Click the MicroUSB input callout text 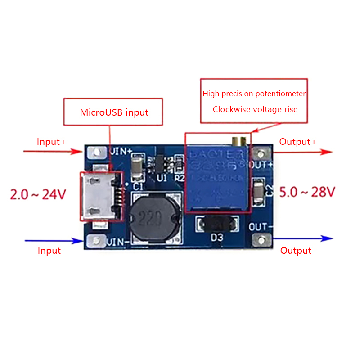[x=114, y=112]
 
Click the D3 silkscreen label [x=217, y=238]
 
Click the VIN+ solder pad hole [x=96, y=153]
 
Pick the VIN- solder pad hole [x=96, y=242]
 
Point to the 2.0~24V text [x=38, y=194]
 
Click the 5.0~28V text [x=308, y=192]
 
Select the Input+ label [x=51, y=142]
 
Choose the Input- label [x=51, y=251]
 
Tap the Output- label [x=297, y=251]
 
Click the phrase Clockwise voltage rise [x=255, y=109]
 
